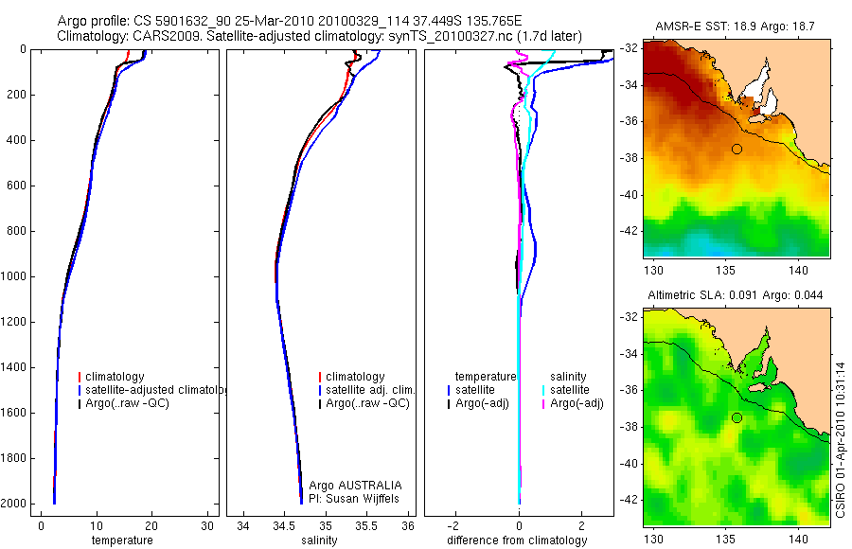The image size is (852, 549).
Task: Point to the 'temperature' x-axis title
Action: pos(121,540)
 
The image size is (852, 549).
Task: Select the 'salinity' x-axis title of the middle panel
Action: pos(318,540)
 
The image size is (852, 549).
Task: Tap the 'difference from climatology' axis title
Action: pos(517,540)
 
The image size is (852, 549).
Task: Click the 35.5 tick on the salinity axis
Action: pos(367,525)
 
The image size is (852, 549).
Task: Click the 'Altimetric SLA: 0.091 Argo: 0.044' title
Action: pos(735,295)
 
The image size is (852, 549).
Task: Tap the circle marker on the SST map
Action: pos(737,149)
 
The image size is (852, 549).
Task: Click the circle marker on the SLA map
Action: pos(737,418)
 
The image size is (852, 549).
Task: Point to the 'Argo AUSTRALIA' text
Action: pos(348,485)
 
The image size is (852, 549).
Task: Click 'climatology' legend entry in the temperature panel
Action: pos(121,377)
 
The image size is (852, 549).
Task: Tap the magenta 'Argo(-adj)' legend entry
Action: pos(577,403)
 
